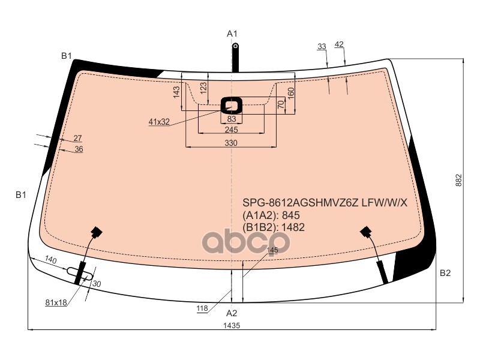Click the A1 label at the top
coord(232,34)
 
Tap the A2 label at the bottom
coord(232,313)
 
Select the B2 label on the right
coord(445,273)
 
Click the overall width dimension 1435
coord(232,325)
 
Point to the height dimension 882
coord(458,181)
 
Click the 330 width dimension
coord(231,143)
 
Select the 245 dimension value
coord(231,130)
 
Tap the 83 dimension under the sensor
coord(232,119)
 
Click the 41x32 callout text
coord(159,122)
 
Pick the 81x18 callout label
coord(56,302)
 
